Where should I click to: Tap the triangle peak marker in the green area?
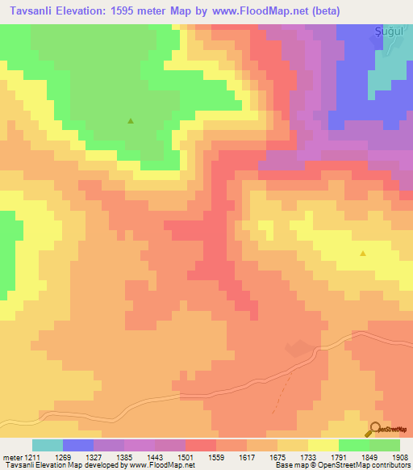[131, 122]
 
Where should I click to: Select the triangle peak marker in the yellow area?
[362, 254]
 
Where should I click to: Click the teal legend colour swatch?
[48, 445]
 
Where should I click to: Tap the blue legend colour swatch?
[78, 445]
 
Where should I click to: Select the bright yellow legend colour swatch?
[323, 445]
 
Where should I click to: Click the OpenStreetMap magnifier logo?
[377, 430]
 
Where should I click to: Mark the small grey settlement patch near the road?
[298, 349]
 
